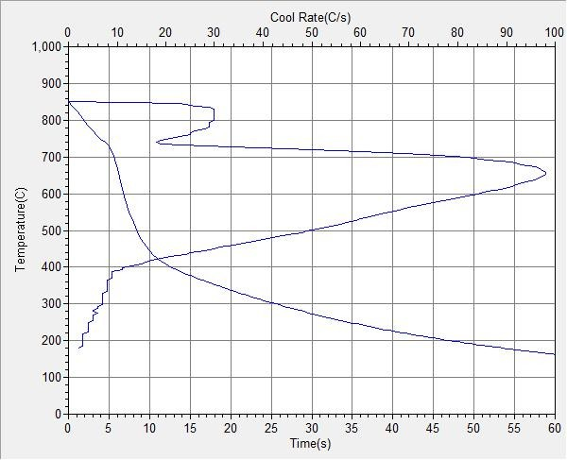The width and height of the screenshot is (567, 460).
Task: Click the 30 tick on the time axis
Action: click(x=311, y=428)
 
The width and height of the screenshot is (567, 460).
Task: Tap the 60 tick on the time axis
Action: click(x=555, y=428)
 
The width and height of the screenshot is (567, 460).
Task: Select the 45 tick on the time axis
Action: click(x=433, y=428)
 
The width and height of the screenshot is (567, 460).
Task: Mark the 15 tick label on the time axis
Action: click(x=189, y=428)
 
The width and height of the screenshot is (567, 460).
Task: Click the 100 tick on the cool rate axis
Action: click(x=554, y=33)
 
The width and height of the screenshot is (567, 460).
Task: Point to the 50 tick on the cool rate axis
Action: click(x=311, y=33)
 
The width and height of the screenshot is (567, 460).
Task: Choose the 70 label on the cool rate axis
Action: click(x=408, y=33)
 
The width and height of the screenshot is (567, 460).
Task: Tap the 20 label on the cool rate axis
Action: click(x=164, y=33)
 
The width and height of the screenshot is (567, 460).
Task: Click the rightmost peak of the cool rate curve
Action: click(x=546, y=175)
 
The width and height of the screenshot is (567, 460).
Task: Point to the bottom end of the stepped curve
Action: click(x=79, y=348)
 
